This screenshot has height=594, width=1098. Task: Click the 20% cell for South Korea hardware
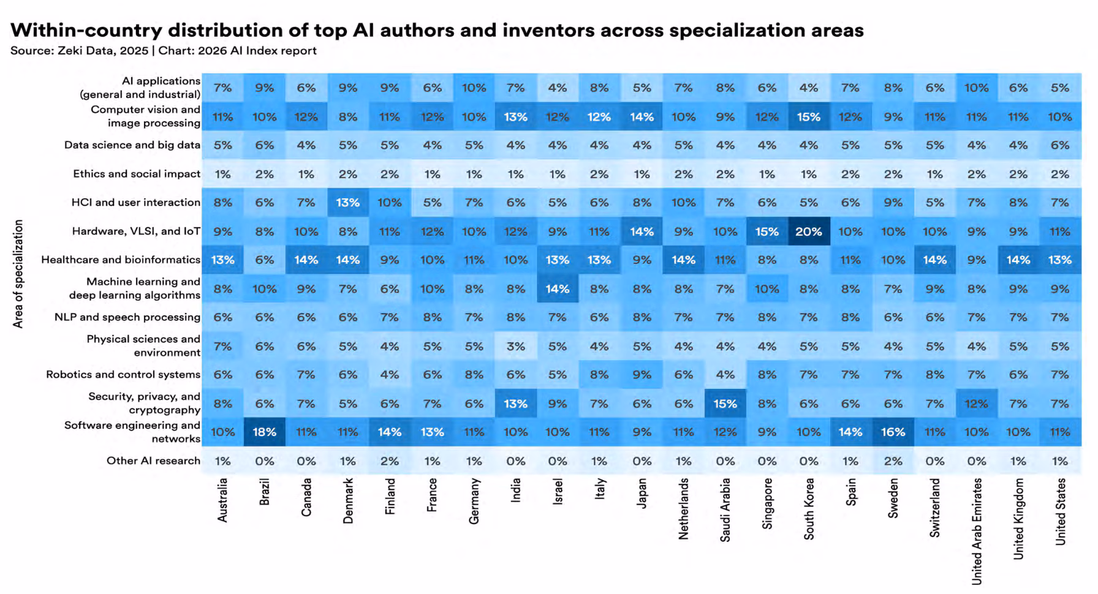pyautogui.click(x=808, y=231)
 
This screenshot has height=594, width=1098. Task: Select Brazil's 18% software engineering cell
pyautogui.click(x=264, y=432)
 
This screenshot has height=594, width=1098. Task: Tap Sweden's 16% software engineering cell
pyautogui.click(x=893, y=432)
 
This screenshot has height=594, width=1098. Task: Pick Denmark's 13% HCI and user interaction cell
pyautogui.click(x=347, y=203)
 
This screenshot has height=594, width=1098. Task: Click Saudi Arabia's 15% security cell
pyautogui.click(x=725, y=404)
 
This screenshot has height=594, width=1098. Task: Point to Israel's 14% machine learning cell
pyautogui.click(x=557, y=288)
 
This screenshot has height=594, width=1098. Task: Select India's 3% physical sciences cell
pyautogui.click(x=515, y=346)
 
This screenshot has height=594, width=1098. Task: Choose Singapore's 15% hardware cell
pyautogui.click(x=767, y=231)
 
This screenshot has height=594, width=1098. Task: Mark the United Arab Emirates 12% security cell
pyautogui.click(x=976, y=404)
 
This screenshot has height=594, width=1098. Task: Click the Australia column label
pyautogui.click(x=222, y=500)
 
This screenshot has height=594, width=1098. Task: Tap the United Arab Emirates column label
pyautogui.click(x=977, y=531)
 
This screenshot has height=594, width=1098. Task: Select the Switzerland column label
pyautogui.click(x=935, y=508)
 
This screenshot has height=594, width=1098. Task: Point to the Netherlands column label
pyautogui.click(x=684, y=508)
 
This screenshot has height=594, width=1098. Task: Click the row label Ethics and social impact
pyautogui.click(x=137, y=174)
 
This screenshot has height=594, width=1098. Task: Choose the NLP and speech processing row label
pyautogui.click(x=127, y=317)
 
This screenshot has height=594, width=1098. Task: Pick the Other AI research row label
pyautogui.click(x=153, y=461)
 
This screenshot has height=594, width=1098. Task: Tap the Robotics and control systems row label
pyautogui.click(x=123, y=374)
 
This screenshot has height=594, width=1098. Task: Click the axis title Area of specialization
pyautogui.click(x=18, y=274)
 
